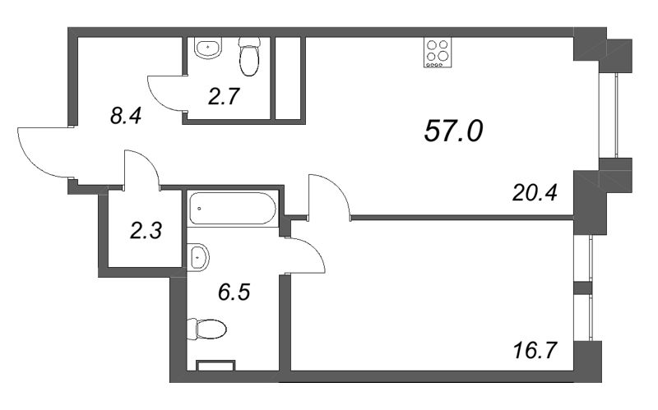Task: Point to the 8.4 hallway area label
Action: pos(127,116)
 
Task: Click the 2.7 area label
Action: pos(221,99)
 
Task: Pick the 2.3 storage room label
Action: pos(146,230)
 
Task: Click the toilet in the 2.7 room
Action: pos(249,56)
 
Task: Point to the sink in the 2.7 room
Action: pos(209,48)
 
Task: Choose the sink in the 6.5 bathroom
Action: pos(198,258)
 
